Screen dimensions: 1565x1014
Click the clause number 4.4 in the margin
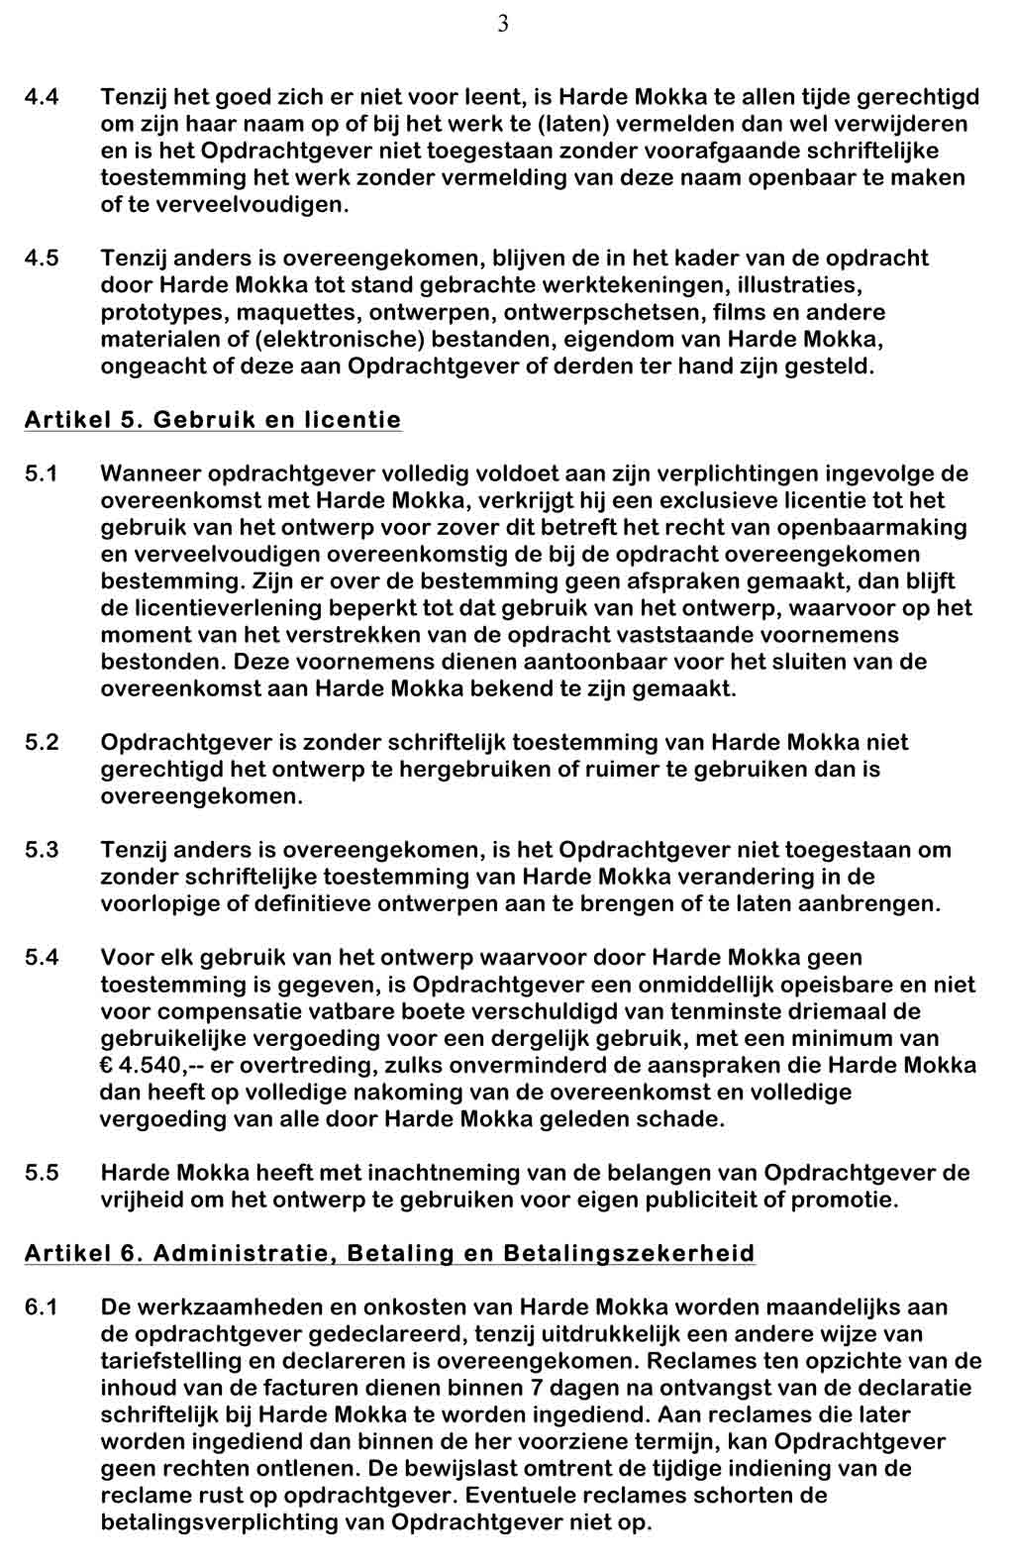tap(42, 97)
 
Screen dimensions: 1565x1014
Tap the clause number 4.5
tap(42, 259)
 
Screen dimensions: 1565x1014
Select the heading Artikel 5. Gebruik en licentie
tap(213, 420)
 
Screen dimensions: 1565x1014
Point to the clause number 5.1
tap(42, 474)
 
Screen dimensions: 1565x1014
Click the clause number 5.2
tap(42, 743)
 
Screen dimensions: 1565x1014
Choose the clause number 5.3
tap(42, 850)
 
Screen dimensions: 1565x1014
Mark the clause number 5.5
tap(42, 1173)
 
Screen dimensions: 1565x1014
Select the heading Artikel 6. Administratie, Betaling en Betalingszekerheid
tap(389, 1254)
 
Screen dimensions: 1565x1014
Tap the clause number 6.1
tap(42, 1307)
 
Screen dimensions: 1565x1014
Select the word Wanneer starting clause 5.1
tap(152, 474)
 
